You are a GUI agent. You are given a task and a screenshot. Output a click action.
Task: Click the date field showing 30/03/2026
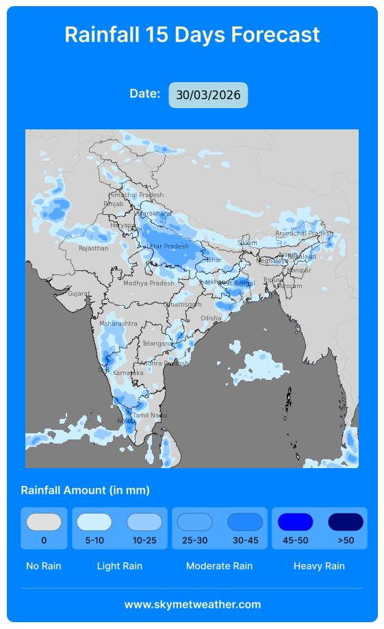pyautogui.click(x=208, y=95)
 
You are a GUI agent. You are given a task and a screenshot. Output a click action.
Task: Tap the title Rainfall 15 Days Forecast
pyautogui.click(x=192, y=34)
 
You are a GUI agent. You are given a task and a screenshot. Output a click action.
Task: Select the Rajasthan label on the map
pyautogui.click(x=94, y=248)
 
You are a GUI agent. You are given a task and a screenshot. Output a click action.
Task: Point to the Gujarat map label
pyautogui.click(x=79, y=294)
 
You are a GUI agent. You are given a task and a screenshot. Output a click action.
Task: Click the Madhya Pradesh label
pyautogui.click(x=149, y=283)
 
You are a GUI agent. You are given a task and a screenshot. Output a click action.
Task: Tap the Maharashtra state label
pyautogui.click(x=118, y=324)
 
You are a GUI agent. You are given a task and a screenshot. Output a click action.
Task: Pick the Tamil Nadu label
pyautogui.click(x=150, y=415)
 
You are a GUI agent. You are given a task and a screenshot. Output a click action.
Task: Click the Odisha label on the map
pyautogui.click(x=211, y=318)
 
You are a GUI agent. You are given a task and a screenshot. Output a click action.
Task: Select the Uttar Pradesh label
pyautogui.click(x=168, y=246)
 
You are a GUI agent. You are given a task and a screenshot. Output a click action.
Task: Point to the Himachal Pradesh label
pyautogui.click(x=136, y=195)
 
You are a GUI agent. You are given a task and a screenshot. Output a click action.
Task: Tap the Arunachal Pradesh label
pyautogui.click(x=304, y=233)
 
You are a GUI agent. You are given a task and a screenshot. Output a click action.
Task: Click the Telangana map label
pyautogui.click(x=157, y=344)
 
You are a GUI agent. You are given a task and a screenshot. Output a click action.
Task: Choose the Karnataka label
pyautogui.click(x=128, y=373)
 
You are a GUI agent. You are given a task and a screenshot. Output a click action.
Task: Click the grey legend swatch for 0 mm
pyautogui.click(x=44, y=522)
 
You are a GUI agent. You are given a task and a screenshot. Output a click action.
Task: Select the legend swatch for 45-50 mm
pyautogui.click(x=295, y=522)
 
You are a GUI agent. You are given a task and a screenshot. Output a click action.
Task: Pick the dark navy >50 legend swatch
pyautogui.click(x=346, y=522)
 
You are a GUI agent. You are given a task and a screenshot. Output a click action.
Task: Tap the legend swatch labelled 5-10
pyautogui.click(x=94, y=522)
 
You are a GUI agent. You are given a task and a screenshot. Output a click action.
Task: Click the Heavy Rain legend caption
pyautogui.click(x=319, y=566)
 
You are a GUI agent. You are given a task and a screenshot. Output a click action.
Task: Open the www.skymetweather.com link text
pyautogui.click(x=192, y=604)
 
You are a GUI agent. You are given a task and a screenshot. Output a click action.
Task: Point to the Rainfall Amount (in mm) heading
pyautogui.click(x=85, y=490)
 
